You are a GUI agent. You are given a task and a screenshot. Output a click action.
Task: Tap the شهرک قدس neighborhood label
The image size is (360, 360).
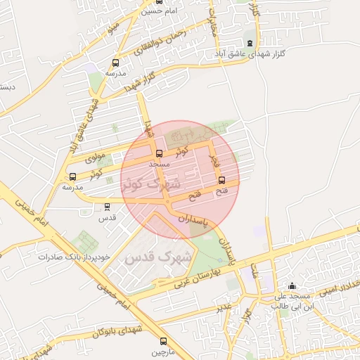click(157, 257)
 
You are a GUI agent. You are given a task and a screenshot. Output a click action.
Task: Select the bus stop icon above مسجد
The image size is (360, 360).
click(158, 153)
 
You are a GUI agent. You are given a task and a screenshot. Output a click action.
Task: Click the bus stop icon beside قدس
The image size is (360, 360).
click(107, 207)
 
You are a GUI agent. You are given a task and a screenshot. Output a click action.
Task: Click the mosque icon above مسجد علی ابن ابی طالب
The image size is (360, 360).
click(292, 286)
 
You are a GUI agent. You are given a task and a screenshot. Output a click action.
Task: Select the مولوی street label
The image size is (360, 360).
click(94, 157)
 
